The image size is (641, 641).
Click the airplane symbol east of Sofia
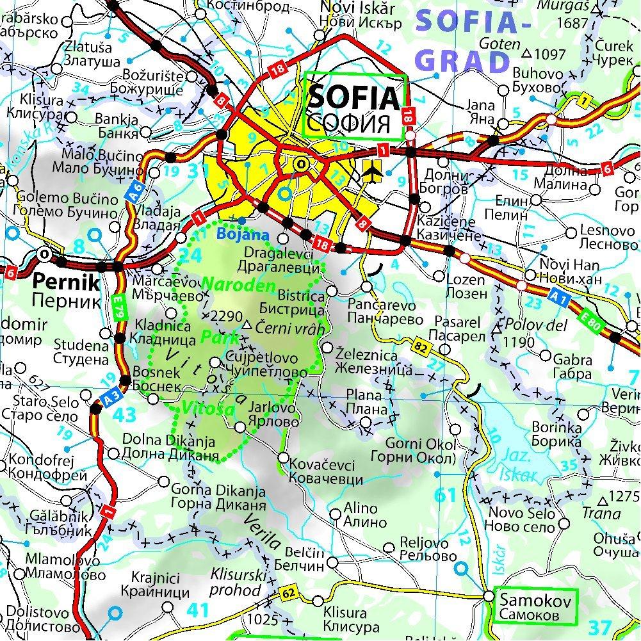(x=372, y=170)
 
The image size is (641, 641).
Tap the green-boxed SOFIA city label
(x=355, y=108)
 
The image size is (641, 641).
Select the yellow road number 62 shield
(x=289, y=595)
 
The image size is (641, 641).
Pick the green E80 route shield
(x=593, y=325)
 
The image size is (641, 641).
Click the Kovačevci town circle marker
(x=282, y=457)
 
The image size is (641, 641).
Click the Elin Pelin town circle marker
(x=537, y=201)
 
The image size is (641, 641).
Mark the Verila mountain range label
(x=263, y=531)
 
